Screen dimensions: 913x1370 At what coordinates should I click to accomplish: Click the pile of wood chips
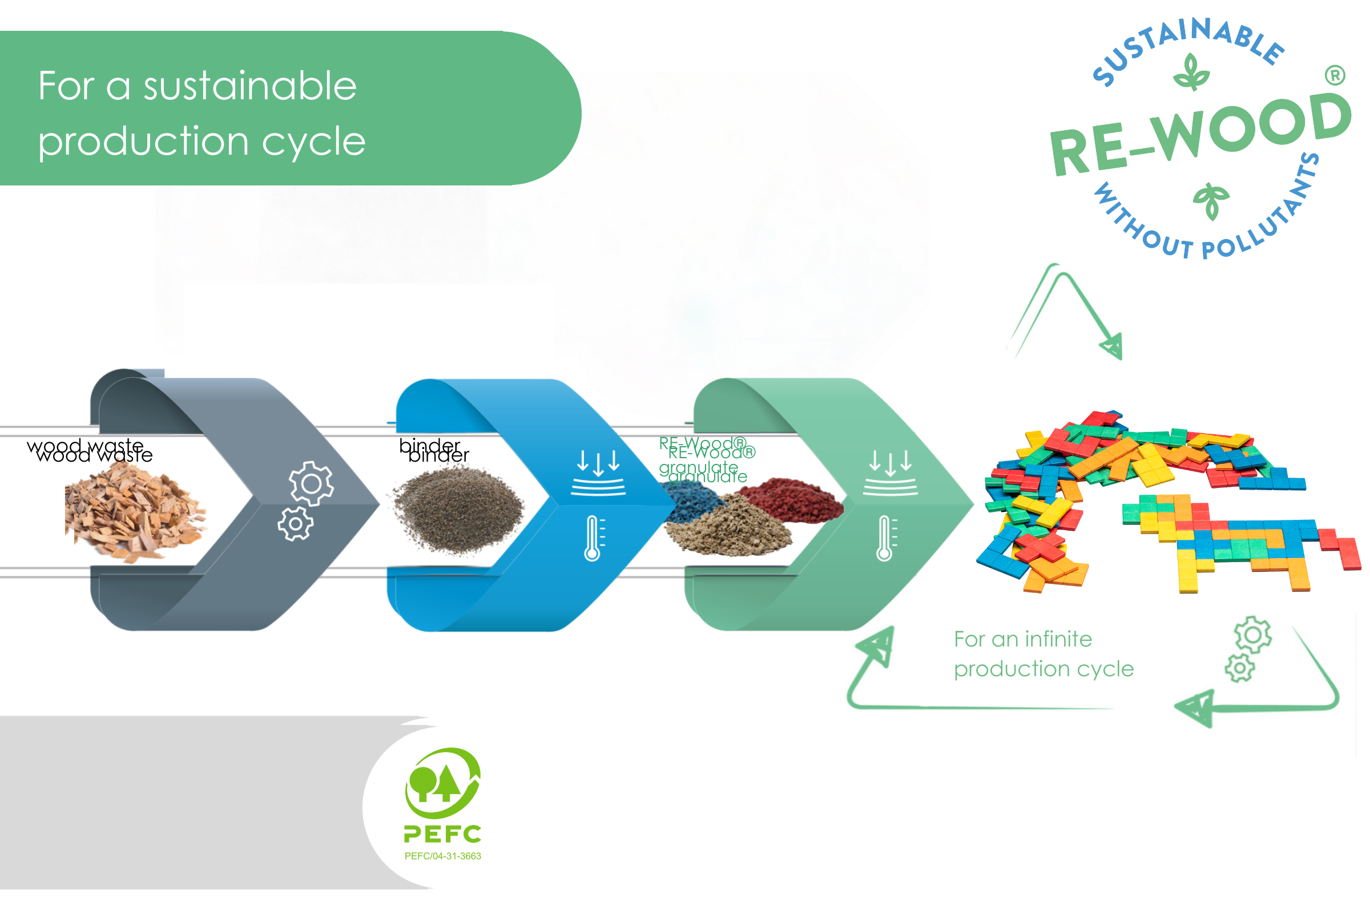pos(135,512)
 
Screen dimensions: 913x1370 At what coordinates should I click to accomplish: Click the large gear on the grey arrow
pos(312,483)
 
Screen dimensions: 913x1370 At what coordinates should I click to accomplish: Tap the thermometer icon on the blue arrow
pos(593,539)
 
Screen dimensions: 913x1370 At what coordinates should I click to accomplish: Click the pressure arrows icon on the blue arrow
pos(598,473)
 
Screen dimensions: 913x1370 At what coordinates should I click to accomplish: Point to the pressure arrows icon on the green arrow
pos(890,473)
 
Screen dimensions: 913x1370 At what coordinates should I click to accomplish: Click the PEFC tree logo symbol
pos(443,783)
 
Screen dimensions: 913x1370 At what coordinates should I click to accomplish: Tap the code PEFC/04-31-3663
pos(443,857)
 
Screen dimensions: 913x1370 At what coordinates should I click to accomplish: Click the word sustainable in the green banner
pos(250,86)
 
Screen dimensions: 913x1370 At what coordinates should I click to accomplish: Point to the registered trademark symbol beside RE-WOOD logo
pos(1335,76)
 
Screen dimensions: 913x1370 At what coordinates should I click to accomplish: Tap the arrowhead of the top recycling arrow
pos(1113,347)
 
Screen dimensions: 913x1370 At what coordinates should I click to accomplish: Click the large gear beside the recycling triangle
pos(1253,635)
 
